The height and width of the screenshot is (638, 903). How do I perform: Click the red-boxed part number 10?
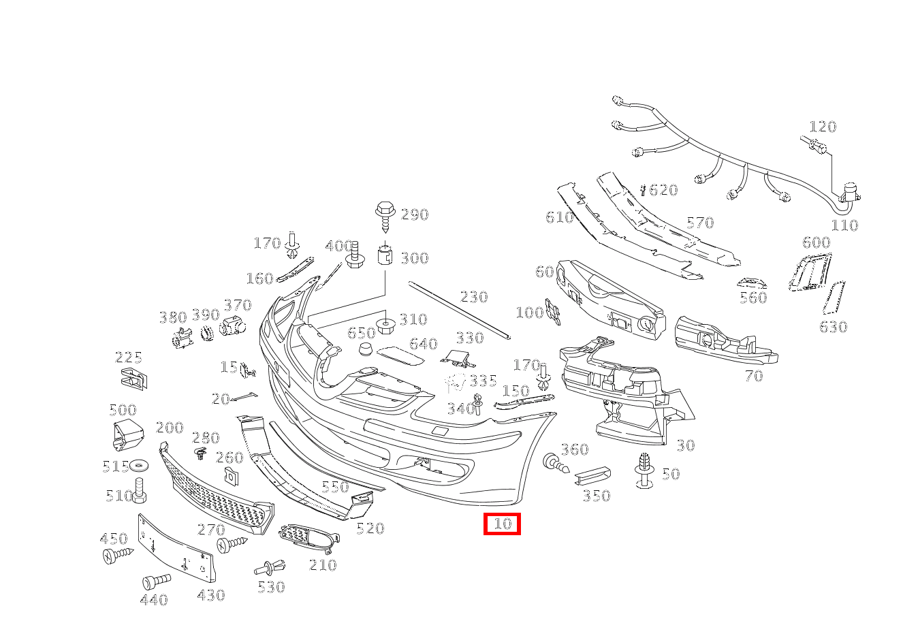point(503,524)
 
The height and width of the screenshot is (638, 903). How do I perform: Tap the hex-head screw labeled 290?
point(385,217)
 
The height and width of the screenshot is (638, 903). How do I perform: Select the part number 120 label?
point(823,127)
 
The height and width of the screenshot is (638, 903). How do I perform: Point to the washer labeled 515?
point(138,466)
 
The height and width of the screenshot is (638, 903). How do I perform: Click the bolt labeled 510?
point(139,491)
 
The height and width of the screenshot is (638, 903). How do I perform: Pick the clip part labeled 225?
point(134,379)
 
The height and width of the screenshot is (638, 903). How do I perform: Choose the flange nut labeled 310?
point(386,324)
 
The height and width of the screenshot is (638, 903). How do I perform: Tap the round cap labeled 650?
point(366,349)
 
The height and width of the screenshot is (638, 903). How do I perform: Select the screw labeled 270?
point(232,543)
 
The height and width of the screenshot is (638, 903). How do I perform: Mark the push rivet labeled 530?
point(270,569)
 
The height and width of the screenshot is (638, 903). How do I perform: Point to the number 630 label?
point(834,326)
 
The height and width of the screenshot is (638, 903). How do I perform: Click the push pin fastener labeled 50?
point(644,470)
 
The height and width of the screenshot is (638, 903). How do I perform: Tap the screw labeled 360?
point(556,464)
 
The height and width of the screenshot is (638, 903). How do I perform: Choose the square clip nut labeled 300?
point(385,255)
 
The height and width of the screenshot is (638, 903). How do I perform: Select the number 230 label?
point(474,297)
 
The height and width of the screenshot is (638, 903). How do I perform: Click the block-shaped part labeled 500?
point(128,434)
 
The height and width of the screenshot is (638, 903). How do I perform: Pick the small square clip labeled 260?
point(231,475)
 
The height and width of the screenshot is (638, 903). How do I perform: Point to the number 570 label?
point(700,223)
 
